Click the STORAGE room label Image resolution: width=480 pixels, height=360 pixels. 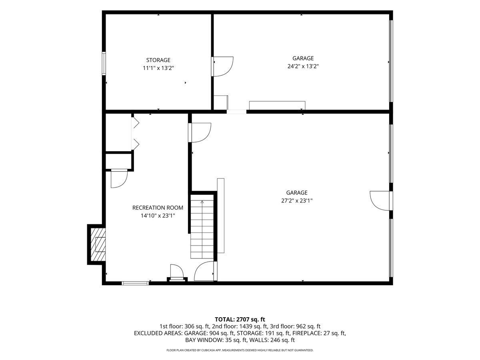(x=158, y=60)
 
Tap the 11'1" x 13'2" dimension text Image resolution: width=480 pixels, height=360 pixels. (x=158, y=68)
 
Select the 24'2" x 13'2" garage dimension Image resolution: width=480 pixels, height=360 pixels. (x=303, y=66)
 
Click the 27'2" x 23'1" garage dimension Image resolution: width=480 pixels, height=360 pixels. (x=297, y=201)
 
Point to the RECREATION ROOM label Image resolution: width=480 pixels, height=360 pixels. (x=158, y=208)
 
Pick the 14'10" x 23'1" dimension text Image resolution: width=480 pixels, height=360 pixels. (x=158, y=216)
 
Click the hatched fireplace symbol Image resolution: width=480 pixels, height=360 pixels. (x=98, y=244)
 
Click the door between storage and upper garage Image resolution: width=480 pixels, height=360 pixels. (x=222, y=66)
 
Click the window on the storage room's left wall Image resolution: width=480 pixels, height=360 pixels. (x=104, y=64)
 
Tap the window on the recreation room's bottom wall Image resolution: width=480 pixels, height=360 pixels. (x=135, y=283)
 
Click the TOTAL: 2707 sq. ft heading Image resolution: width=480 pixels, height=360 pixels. (x=240, y=319)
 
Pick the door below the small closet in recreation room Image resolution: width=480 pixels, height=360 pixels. (x=119, y=178)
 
